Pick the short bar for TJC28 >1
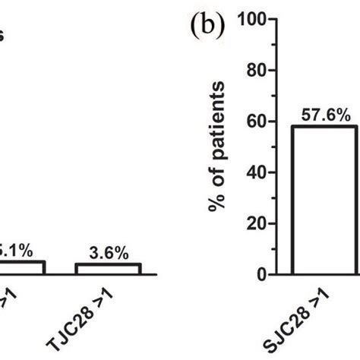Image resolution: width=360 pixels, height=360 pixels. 108,268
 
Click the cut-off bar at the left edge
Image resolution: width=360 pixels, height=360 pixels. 23,267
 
